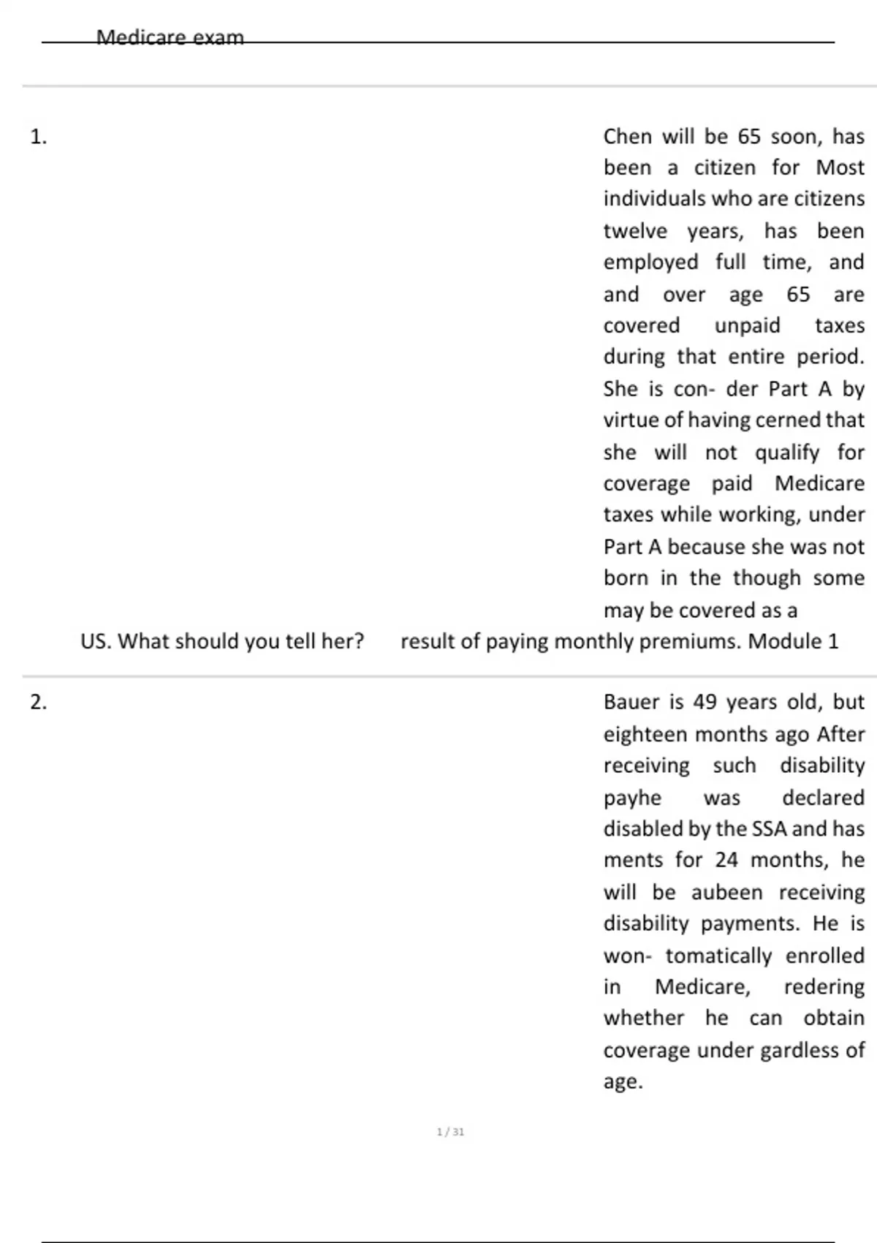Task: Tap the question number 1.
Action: [x=38, y=137]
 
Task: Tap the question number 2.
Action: [x=38, y=702]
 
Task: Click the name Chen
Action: [x=627, y=137]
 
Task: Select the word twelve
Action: [x=635, y=231]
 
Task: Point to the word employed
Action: [x=650, y=262]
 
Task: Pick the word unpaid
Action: [x=747, y=325]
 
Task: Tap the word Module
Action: [x=785, y=641]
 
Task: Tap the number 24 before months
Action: [x=726, y=860]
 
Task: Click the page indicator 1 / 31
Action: [x=450, y=1132]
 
